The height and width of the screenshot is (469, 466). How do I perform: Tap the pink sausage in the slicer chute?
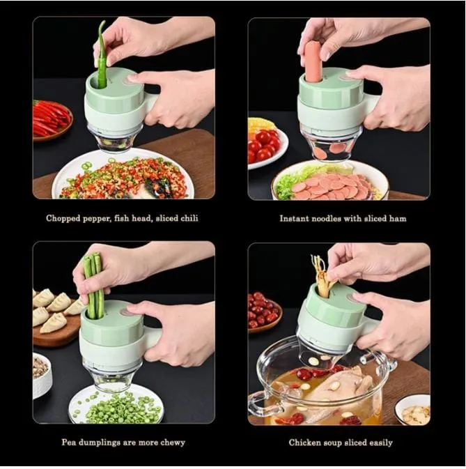pyautogui.click(x=313, y=62)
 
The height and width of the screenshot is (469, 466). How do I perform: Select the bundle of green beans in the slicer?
pyautogui.click(x=93, y=286)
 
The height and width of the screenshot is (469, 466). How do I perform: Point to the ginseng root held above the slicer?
pyautogui.click(x=322, y=275)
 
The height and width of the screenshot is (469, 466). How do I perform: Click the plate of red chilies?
pyautogui.click(x=51, y=119)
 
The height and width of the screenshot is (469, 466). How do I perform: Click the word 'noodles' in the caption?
pyautogui.click(x=329, y=218)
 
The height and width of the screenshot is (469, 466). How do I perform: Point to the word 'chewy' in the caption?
pyautogui.click(x=171, y=443)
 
